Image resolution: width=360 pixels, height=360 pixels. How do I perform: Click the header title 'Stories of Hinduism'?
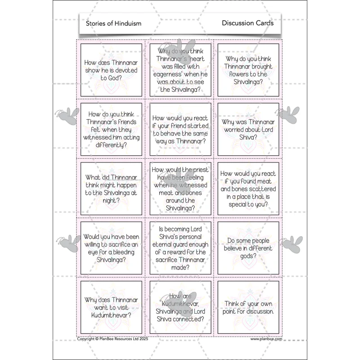click(x=113, y=23)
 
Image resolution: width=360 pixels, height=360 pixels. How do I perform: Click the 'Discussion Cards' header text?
click(x=247, y=23)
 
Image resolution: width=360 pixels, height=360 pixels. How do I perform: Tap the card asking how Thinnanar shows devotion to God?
click(x=111, y=70)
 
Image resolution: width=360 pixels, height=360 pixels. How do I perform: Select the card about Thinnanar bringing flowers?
click(x=248, y=70)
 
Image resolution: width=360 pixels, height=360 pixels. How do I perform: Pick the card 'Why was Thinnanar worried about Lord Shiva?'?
click(x=248, y=129)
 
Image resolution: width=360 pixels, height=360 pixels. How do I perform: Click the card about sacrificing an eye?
click(x=111, y=248)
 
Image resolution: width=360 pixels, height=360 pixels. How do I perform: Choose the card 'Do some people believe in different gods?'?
click(x=248, y=248)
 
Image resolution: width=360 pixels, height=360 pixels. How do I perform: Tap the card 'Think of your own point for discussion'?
click(x=248, y=307)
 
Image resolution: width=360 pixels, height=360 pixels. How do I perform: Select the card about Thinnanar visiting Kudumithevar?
click(x=111, y=307)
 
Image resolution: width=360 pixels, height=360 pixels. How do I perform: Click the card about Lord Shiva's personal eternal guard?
click(x=180, y=248)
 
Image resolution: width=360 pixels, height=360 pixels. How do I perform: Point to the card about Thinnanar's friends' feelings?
click(x=111, y=129)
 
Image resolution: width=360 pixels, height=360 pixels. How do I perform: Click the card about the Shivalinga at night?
click(x=111, y=189)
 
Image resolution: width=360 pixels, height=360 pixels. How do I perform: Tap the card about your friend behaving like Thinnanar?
click(x=180, y=129)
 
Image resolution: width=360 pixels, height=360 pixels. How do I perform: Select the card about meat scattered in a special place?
click(x=248, y=189)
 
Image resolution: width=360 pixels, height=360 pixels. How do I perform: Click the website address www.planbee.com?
click(x=266, y=339)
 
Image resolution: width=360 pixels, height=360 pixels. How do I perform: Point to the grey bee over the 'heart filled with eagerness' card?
click(x=181, y=52)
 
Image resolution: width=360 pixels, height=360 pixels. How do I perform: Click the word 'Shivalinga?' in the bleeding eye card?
click(x=111, y=260)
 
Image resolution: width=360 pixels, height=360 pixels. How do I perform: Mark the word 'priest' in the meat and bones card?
click(x=201, y=170)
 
